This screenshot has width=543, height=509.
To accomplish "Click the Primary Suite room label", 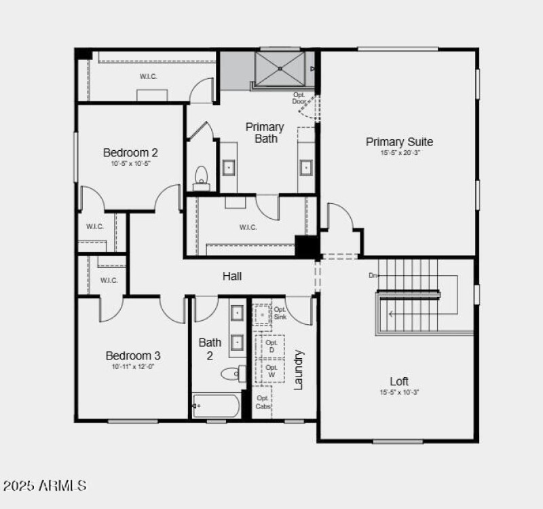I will coord(399,142).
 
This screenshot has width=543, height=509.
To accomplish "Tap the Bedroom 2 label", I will coord(130,152).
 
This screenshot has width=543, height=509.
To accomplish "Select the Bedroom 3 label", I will coord(133,355).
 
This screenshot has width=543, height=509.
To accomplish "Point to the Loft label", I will coord(399,381).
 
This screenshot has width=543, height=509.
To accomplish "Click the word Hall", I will coord(232,276).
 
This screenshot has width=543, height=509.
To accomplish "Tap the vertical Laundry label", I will coord(298,370).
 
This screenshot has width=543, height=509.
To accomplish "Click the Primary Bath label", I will coord(265,133).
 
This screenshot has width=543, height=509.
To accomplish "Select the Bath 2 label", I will coord(210,349).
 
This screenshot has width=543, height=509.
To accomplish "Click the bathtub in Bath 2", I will coord(216,406).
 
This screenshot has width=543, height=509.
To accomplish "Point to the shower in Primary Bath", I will coord(281,67).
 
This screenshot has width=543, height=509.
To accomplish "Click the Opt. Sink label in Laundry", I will coord(280,313).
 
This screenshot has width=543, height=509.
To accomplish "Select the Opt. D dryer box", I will coord(271,345).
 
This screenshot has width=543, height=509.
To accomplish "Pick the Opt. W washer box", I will coord(271,371).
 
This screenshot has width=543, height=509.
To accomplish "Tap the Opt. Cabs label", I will coord(263,402).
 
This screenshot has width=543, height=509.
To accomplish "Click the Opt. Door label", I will coord(299,98).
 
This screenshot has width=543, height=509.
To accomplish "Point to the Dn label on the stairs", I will coord(373,275).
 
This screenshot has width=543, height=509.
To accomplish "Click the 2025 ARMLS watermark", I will coord(44,486).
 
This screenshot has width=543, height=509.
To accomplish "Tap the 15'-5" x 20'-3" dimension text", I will coord(399,153).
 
